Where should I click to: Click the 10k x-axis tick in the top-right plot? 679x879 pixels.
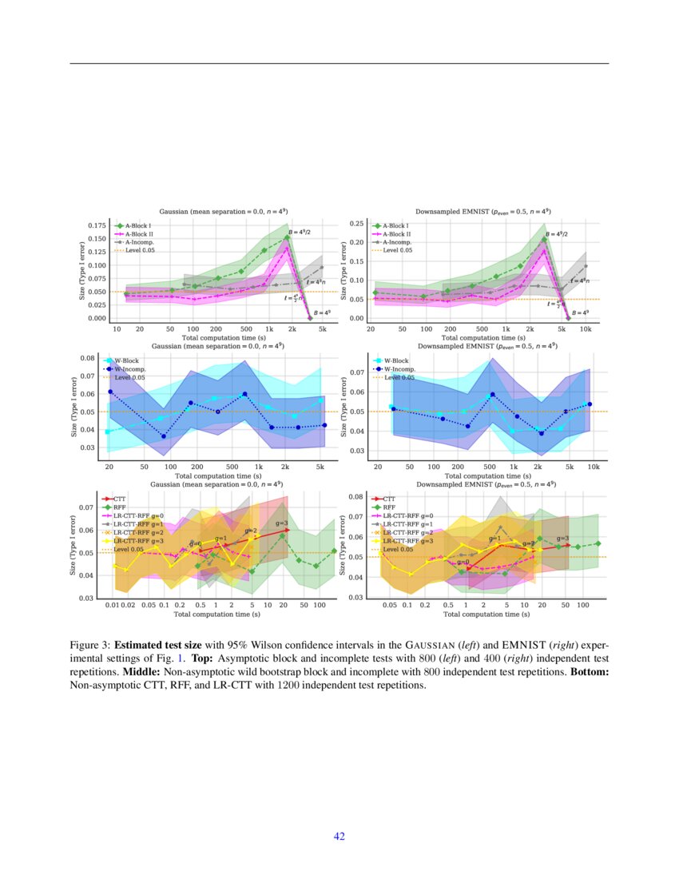(x=586, y=328)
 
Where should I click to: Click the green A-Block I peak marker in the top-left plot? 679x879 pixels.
(x=287, y=237)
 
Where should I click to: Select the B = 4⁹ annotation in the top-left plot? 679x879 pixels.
(x=322, y=313)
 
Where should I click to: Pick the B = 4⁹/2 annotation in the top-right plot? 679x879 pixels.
(x=556, y=233)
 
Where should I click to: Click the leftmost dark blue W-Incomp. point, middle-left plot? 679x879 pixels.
(x=109, y=392)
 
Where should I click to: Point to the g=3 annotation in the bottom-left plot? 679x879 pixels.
(x=281, y=523)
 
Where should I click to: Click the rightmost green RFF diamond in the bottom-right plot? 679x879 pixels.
(x=598, y=544)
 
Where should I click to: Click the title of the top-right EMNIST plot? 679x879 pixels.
(x=483, y=211)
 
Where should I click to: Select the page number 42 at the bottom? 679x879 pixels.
(x=339, y=836)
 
